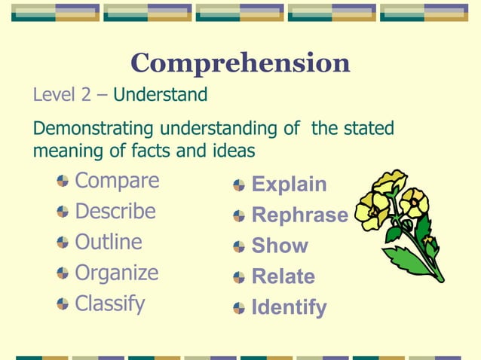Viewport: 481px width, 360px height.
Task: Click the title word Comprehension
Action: [240, 63]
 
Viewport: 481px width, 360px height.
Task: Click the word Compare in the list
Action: [117, 181]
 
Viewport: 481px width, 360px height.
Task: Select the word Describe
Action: [115, 212]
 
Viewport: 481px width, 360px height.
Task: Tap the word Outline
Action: [109, 242]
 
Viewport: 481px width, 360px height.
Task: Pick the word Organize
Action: [117, 273]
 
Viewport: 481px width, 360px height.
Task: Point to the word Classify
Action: [110, 304]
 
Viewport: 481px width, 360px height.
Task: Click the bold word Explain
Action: [289, 185]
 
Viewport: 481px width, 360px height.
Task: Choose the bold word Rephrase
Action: [299, 215]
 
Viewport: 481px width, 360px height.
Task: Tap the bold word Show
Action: [280, 246]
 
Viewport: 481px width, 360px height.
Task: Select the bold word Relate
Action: [283, 277]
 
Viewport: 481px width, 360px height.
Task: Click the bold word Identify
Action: [289, 308]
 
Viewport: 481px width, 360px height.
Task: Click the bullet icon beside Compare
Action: [62, 182]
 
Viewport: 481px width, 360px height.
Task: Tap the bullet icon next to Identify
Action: [239, 309]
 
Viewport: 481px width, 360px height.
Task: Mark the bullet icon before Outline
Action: [62, 243]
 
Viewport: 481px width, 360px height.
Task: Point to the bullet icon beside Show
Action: [239, 247]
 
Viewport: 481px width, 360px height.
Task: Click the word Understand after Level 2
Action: [160, 95]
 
